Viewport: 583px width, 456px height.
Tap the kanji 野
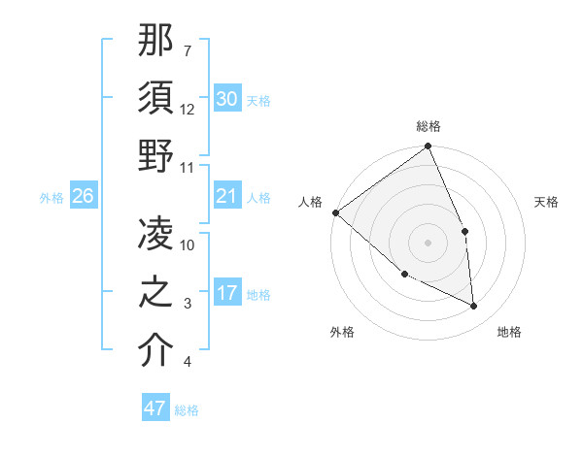[x=156, y=155]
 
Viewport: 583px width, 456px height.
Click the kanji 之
[x=156, y=292]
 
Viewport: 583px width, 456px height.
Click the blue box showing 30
[x=226, y=99]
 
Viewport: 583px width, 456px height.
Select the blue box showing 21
[x=226, y=197]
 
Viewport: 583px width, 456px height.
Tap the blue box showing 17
[x=226, y=294]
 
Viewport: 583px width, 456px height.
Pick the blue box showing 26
[x=84, y=197]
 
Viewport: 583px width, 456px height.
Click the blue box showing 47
[x=155, y=408]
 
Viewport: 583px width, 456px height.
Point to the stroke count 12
[x=188, y=109]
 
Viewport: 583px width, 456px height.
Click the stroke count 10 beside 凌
[x=188, y=244]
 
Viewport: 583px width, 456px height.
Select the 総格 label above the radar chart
[x=429, y=126]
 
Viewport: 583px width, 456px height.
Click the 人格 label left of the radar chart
[x=310, y=202]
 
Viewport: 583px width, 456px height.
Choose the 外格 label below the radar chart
[x=342, y=332]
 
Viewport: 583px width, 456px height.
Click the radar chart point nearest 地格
[x=474, y=306]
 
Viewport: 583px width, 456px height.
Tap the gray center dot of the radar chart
[x=428, y=242]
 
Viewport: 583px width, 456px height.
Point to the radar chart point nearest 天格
[x=465, y=231]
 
